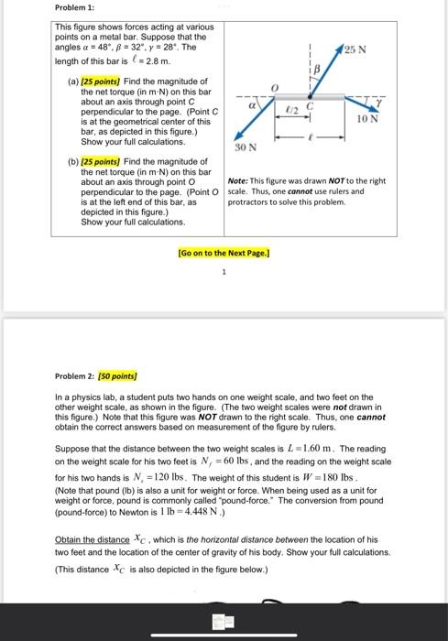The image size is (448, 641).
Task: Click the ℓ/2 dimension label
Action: click(x=293, y=108)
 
